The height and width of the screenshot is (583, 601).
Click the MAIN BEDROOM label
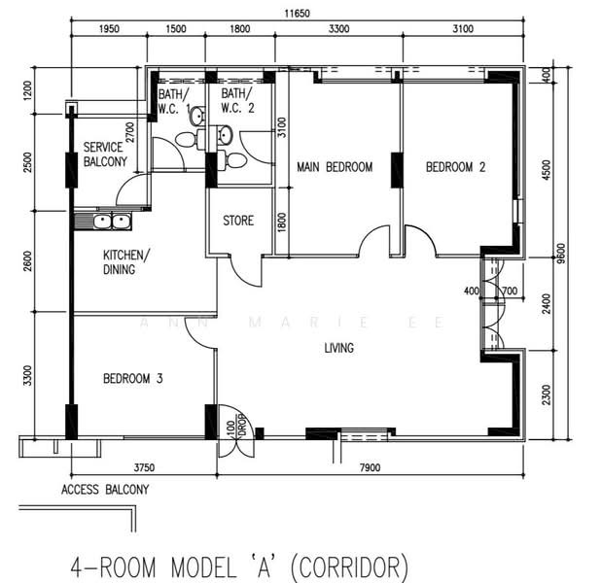point(335,167)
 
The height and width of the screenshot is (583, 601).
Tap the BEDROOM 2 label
point(455,167)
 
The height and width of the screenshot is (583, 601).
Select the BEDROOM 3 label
point(132,378)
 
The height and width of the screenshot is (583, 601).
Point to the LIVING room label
point(338,348)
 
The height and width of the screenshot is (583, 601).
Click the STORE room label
point(238,221)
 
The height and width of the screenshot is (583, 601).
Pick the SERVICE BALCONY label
point(105,154)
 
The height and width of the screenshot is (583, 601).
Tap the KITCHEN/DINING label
point(126,262)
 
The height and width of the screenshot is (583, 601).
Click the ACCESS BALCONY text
point(105,489)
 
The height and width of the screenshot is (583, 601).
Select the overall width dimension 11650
point(297,14)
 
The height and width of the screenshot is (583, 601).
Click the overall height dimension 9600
point(561,254)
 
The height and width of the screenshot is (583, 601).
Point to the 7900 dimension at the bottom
point(371,467)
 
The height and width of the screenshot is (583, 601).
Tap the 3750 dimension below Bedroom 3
point(144,467)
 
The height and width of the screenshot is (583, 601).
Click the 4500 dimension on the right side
point(547,170)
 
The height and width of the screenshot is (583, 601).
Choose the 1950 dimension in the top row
point(109,29)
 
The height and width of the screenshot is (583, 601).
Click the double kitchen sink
point(112,221)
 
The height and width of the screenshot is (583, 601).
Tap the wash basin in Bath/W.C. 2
point(225,135)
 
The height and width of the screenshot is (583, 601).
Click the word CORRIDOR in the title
point(349,566)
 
